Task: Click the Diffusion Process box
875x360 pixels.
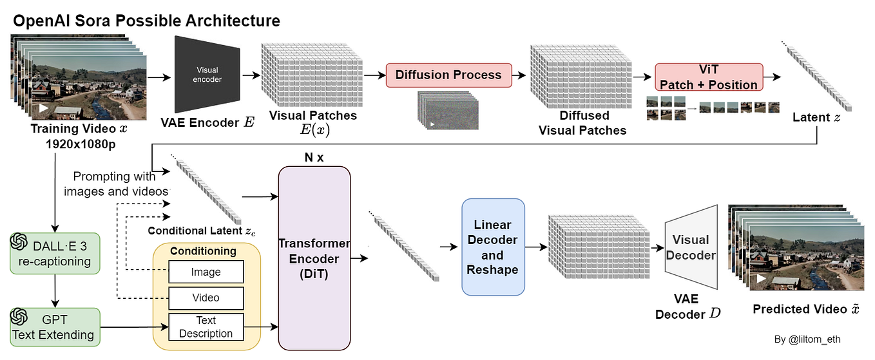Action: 448,75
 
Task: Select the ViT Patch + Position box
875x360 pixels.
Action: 708,78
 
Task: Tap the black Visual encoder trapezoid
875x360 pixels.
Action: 207,75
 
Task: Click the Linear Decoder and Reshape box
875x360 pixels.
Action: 493,247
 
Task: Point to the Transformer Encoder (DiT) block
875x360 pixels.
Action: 314,258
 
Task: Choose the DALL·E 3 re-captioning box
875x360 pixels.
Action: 55,253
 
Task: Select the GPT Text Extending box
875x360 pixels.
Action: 55,327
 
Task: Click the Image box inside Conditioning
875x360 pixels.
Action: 206,272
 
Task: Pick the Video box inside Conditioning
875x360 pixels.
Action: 206,298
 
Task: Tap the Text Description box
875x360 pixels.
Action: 206,327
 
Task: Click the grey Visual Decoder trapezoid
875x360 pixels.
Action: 691,247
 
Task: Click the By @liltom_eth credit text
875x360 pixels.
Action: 807,339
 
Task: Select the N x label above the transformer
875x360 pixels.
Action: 313,157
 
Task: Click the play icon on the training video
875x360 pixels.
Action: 43,108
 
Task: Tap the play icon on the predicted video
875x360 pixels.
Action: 761,279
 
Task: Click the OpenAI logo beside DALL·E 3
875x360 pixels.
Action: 18,242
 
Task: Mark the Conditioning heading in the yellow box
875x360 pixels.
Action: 203,251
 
